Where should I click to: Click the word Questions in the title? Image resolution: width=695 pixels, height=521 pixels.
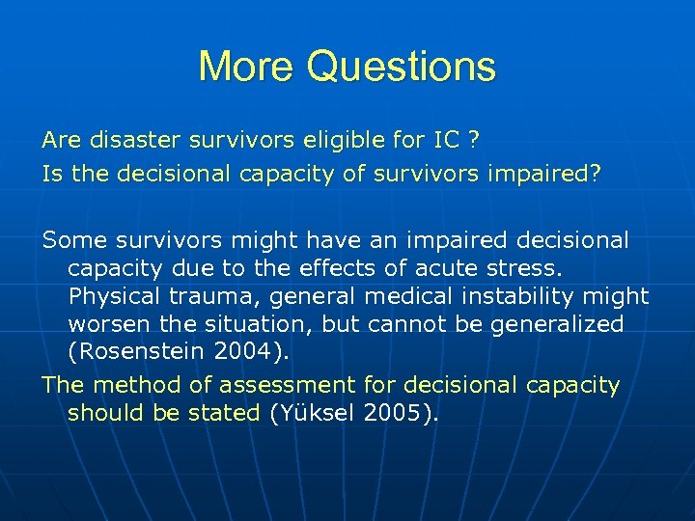tap(402, 67)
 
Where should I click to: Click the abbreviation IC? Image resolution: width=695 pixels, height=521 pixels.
tap(446, 140)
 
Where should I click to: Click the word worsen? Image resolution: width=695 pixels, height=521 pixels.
tap(108, 323)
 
